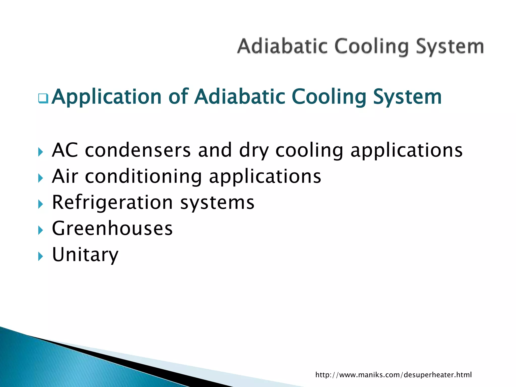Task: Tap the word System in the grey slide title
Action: coord(449,47)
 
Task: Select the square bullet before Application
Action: coord(43,98)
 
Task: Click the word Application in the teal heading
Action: coord(107,97)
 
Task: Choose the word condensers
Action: coord(138,150)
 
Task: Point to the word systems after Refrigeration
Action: coord(217,203)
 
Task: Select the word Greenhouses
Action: coord(112,228)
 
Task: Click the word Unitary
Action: coord(85,255)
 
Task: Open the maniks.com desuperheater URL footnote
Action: coord(393,375)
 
